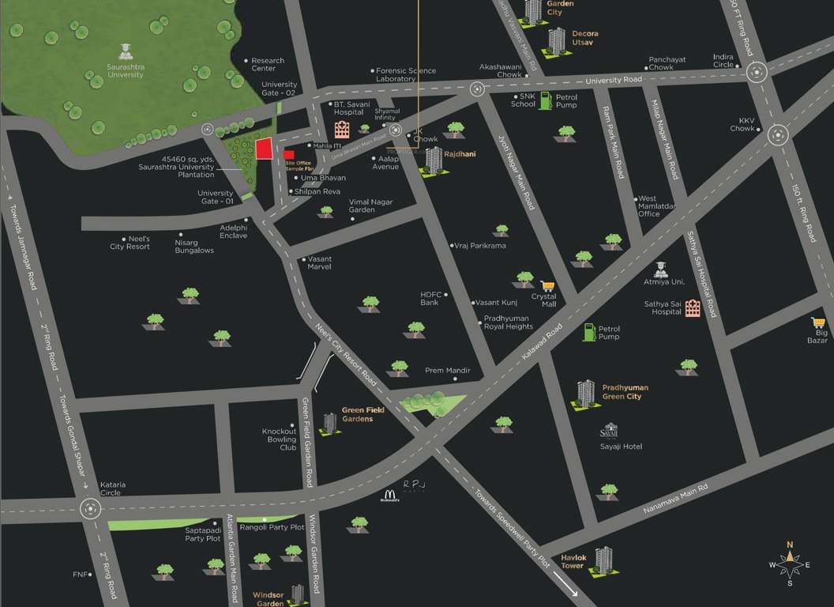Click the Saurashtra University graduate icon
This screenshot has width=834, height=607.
coord(125,53)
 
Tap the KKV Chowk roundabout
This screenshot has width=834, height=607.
coord(777,134)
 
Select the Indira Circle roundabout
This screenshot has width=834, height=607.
coord(757,73)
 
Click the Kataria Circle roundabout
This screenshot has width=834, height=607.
coord(91,508)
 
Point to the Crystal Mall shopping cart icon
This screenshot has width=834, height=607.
coord(547,286)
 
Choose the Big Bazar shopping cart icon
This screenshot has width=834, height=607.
coord(818,323)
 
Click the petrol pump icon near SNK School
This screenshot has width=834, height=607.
coord(543,102)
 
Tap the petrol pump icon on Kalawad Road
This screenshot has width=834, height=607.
coord(589,332)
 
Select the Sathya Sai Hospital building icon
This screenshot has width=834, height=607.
coord(692,307)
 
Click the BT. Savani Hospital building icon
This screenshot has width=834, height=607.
coord(342,130)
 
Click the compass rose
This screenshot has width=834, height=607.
coord(789,564)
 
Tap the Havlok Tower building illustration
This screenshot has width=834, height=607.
coord(604,560)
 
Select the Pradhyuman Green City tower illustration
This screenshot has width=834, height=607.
coord(585,394)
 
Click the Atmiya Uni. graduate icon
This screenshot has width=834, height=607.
coord(660,270)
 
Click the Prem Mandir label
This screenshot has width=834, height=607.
coord(448,370)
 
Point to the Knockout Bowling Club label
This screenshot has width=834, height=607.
coord(280,439)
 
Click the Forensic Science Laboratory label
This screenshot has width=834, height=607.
coord(405,75)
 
